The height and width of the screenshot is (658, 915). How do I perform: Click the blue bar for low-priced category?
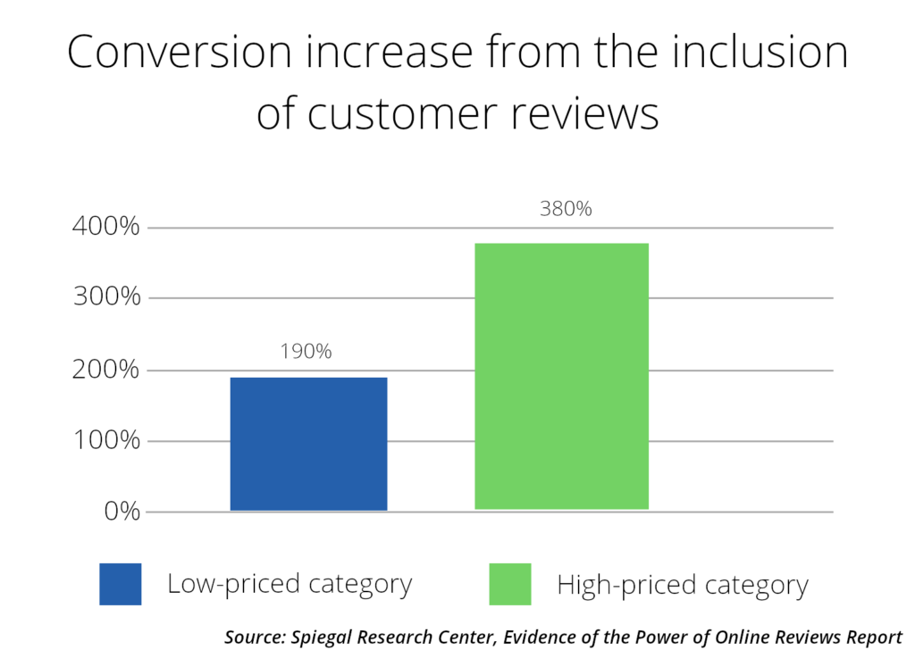(x=308, y=444)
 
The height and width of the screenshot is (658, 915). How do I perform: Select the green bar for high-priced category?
(x=561, y=376)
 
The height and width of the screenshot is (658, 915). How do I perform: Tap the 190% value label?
(x=307, y=352)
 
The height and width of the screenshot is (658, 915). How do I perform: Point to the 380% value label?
(x=566, y=210)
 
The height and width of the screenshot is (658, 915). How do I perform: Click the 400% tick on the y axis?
(x=105, y=228)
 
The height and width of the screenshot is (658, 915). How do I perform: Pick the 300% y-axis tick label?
(x=105, y=298)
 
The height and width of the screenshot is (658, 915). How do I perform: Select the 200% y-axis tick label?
(x=105, y=370)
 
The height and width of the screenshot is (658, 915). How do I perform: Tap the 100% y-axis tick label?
(x=105, y=441)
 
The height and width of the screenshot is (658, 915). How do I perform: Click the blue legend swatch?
(x=120, y=584)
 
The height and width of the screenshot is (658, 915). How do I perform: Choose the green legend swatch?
(x=509, y=584)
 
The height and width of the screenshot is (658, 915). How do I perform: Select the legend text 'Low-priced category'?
(x=290, y=585)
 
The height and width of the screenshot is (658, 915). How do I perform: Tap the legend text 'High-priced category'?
(x=682, y=586)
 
